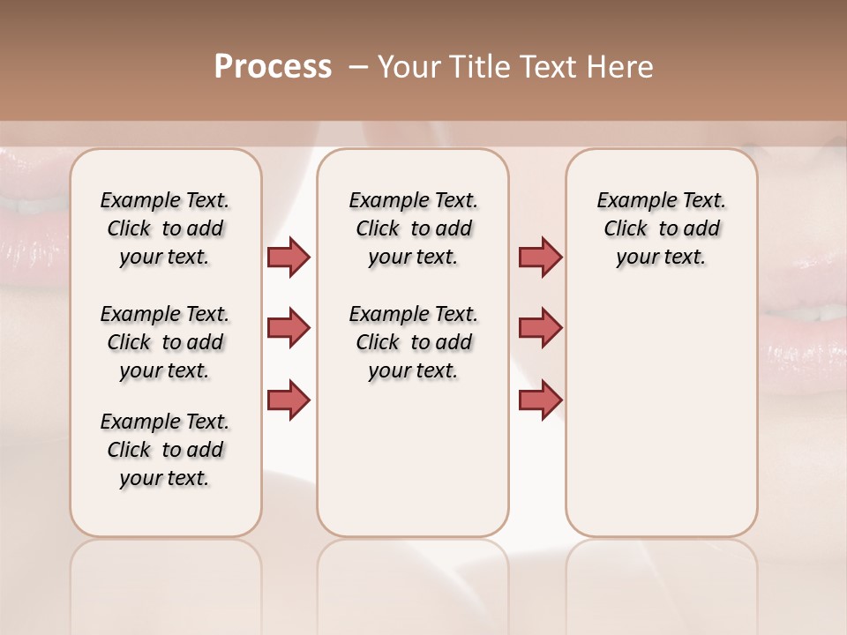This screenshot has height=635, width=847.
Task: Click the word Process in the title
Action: pyautogui.click(x=273, y=67)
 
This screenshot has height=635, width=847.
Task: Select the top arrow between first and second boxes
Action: pyautogui.click(x=289, y=257)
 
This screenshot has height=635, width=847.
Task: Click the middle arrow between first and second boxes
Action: pyautogui.click(x=289, y=328)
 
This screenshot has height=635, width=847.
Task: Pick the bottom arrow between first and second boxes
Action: pyautogui.click(x=289, y=399)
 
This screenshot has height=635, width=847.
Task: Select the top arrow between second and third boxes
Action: pyautogui.click(x=540, y=257)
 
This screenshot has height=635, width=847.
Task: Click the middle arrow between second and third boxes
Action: pyautogui.click(x=540, y=328)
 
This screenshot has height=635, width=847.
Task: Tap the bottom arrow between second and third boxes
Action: pyautogui.click(x=540, y=399)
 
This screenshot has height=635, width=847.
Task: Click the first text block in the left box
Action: pyautogui.click(x=165, y=228)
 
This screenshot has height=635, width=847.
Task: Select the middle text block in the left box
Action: pyautogui.click(x=165, y=342)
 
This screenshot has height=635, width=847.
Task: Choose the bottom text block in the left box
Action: pyautogui.click(x=165, y=450)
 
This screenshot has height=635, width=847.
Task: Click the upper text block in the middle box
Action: pyautogui.click(x=413, y=228)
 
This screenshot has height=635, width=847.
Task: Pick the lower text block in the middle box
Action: pyautogui.click(x=413, y=342)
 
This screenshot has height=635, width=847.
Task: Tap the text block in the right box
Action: pyautogui.click(x=661, y=228)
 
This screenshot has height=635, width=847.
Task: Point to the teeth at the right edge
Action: pyautogui.click(x=812, y=311)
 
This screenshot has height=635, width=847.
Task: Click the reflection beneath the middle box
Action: pyautogui.click(x=413, y=582)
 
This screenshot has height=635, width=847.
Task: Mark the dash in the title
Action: pyautogui.click(x=357, y=67)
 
